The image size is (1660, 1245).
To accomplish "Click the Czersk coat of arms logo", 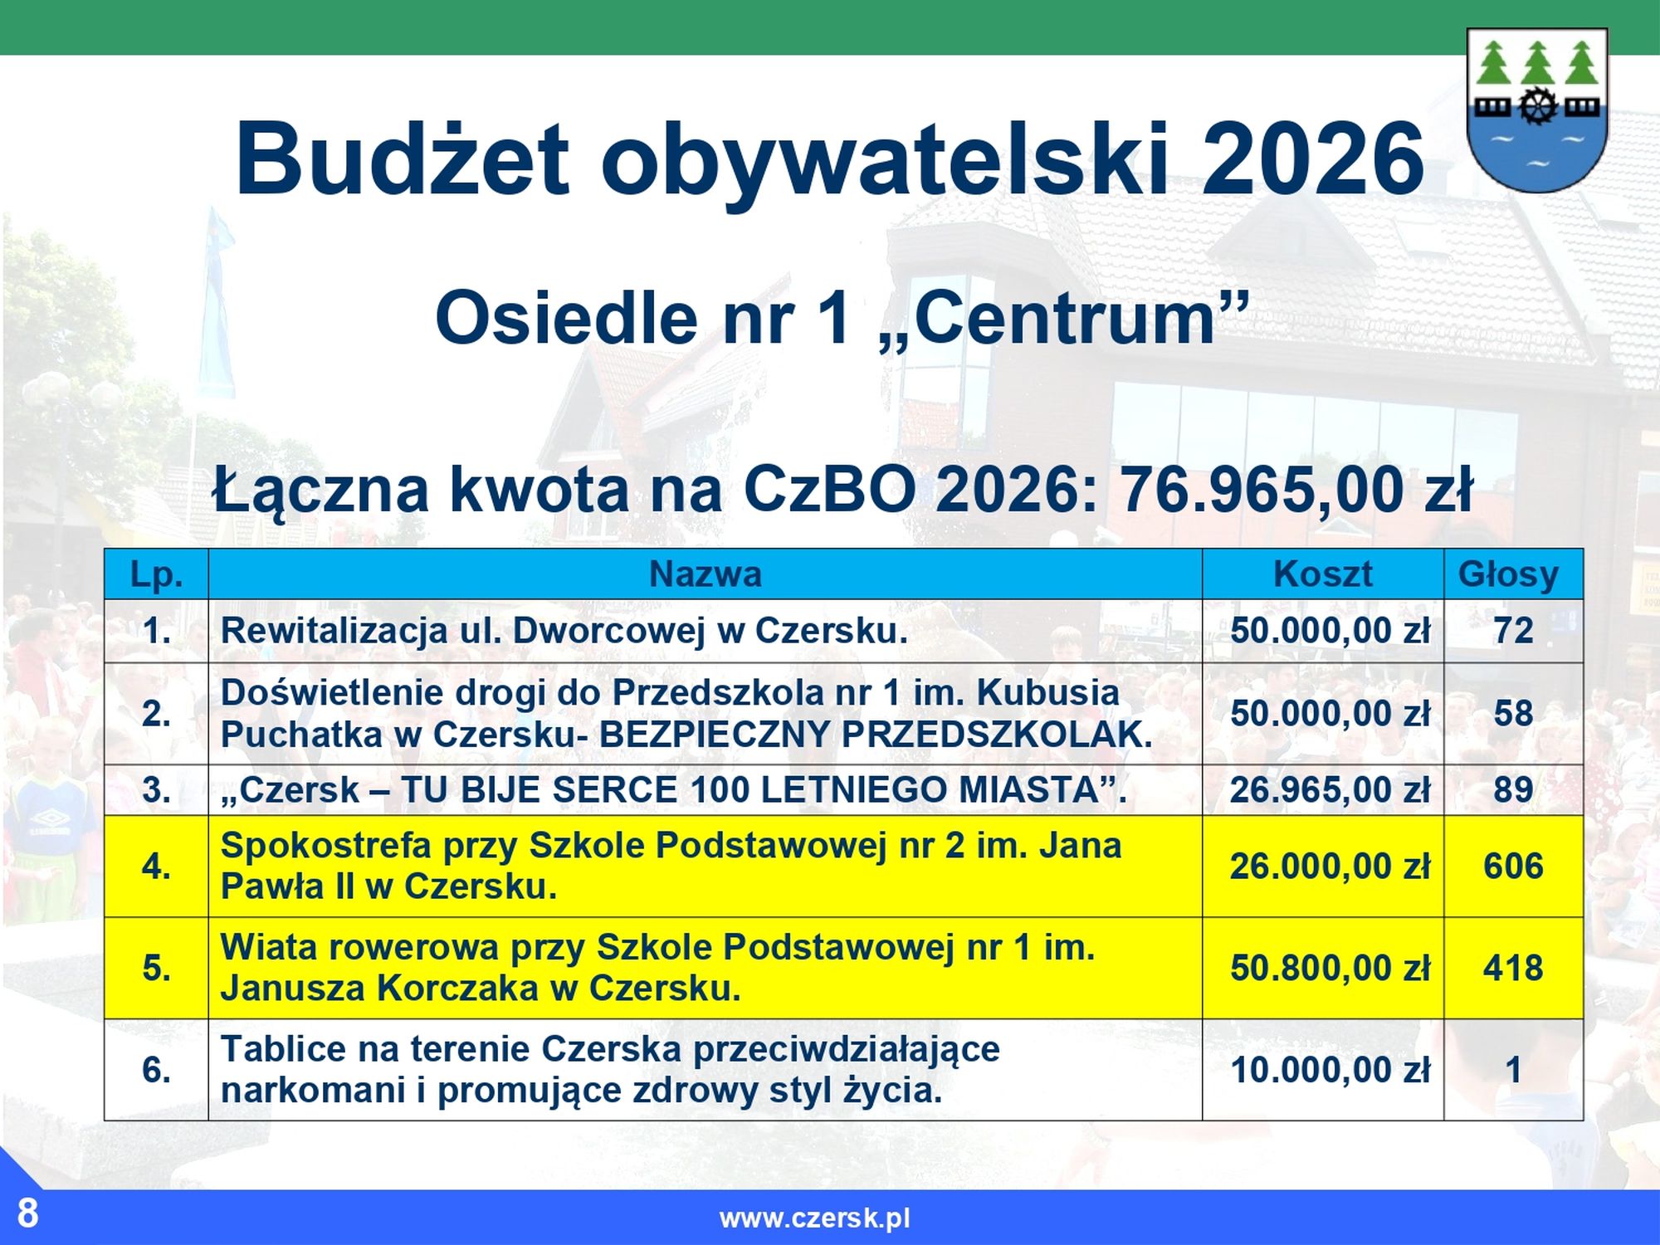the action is click(x=1537, y=110).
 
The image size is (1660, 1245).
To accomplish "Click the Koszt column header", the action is click(x=1323, y=574).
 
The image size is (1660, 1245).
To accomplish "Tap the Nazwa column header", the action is click(x=705, y=574).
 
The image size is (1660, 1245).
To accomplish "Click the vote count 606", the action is click(x=1513, y=867).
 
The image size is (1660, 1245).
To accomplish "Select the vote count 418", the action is click(x=1513, y=969).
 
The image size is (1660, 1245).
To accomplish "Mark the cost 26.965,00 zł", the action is click(x=1330, y=790).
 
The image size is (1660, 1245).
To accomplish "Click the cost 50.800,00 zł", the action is click(x=1330, y=969).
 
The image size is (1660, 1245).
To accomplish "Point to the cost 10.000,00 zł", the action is click(x=1330, y=1071).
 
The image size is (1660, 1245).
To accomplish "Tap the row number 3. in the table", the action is click(x=156, y=790).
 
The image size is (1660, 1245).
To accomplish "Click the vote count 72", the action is click(x=1513, y=631).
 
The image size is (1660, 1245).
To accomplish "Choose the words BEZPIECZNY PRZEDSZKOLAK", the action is click(x=876, y=735).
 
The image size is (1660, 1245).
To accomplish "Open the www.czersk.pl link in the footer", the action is click(x=815, y=1218).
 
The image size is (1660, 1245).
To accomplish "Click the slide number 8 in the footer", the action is click(x=27, y=1213).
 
